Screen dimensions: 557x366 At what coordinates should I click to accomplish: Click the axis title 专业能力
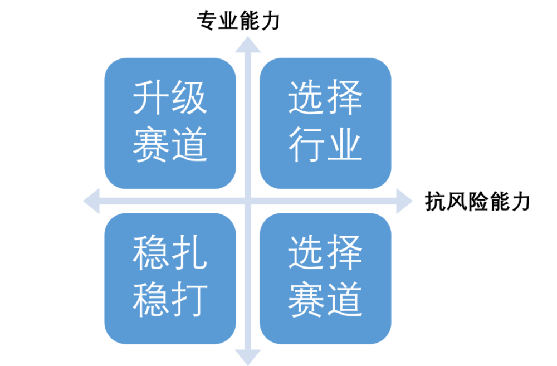(239, 20)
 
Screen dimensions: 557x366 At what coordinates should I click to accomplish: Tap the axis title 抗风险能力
(477, 202)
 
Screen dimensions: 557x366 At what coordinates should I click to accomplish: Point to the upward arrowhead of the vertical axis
(248, 45)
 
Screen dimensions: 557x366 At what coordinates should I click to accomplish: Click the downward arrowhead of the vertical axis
(248, 357)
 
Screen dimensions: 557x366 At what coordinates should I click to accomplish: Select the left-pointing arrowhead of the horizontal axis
(91, 201)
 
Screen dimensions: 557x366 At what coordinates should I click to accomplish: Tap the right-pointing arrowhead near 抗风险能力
(404, 201)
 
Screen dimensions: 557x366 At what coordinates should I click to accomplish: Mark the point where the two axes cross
(248, 201)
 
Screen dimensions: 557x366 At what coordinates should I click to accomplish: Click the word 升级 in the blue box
(170, 97)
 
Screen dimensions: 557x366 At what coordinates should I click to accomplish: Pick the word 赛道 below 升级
(170, 145)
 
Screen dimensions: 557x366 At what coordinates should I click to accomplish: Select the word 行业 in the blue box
(325, 145)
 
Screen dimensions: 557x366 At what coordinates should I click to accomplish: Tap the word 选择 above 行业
(325, 97)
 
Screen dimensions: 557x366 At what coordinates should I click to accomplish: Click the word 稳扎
(170, 253)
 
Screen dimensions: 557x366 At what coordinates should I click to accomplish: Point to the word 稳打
(170, 300)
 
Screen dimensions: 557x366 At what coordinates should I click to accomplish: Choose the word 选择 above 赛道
(325, 253)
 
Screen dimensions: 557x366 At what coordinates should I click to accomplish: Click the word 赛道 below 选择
(325, 300)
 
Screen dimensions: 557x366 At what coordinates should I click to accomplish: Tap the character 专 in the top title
(207, 20)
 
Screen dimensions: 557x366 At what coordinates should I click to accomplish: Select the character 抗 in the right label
(436, 202)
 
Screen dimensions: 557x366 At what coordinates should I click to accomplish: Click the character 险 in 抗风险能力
(477, 202)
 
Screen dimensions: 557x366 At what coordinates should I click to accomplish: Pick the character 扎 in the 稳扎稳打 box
(189, 253)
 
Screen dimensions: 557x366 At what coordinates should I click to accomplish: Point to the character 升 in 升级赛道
(150, 97)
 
